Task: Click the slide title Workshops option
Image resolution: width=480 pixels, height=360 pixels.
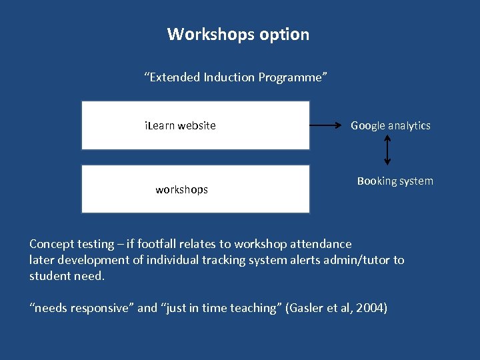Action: tap(238, 34)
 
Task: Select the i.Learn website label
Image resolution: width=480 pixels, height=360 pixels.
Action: tap(181, 125)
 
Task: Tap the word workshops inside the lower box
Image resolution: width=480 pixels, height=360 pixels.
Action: tap(181, 189)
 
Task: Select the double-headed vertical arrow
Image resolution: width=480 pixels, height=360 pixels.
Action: tap(388, 151)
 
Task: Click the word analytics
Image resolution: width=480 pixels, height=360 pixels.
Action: tap(409, 125)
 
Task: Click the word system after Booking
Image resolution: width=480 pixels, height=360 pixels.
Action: tap(416, 181)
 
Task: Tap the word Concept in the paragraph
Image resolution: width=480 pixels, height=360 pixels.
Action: tap(52, 244)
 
